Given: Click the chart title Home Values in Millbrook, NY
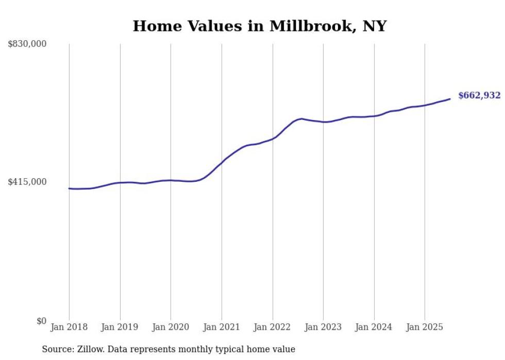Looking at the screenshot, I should pyautogui.click(x=259, y=26).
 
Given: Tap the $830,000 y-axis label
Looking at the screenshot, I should pyautogui.click(x=27, y=44).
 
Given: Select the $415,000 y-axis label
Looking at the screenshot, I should pyautogui.click(x=27, y=182).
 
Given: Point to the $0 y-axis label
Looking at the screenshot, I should pyautogui.click(x=41, y=321).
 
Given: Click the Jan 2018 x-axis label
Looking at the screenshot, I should pyautogui.click(x=69, y=327).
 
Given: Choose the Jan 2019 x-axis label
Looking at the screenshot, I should pyautogui.click(x=120, y=327).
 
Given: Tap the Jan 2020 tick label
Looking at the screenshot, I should pyautogui.click(x=171, y=327).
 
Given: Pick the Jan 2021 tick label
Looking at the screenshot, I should pyautogui.click(x=222, y=327).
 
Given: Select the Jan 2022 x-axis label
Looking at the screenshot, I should pyautogui.click(x=273, y=327).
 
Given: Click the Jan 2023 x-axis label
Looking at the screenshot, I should pyautogui.click(x=323, y=327).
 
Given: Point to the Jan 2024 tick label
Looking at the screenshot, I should pyautogui.click(x=374, y=327).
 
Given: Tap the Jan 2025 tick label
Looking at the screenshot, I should pyautogui.click(x=425, y=327).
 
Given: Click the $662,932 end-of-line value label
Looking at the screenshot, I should pyautogui.click(x=479, y=95).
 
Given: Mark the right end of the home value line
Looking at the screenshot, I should pyautogui.click(x=450, y=99).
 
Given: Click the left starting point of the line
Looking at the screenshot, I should pyautogui.click(x=69, y=188).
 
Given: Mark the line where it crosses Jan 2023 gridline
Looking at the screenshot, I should pyautogui.click(x=323, y=122).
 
